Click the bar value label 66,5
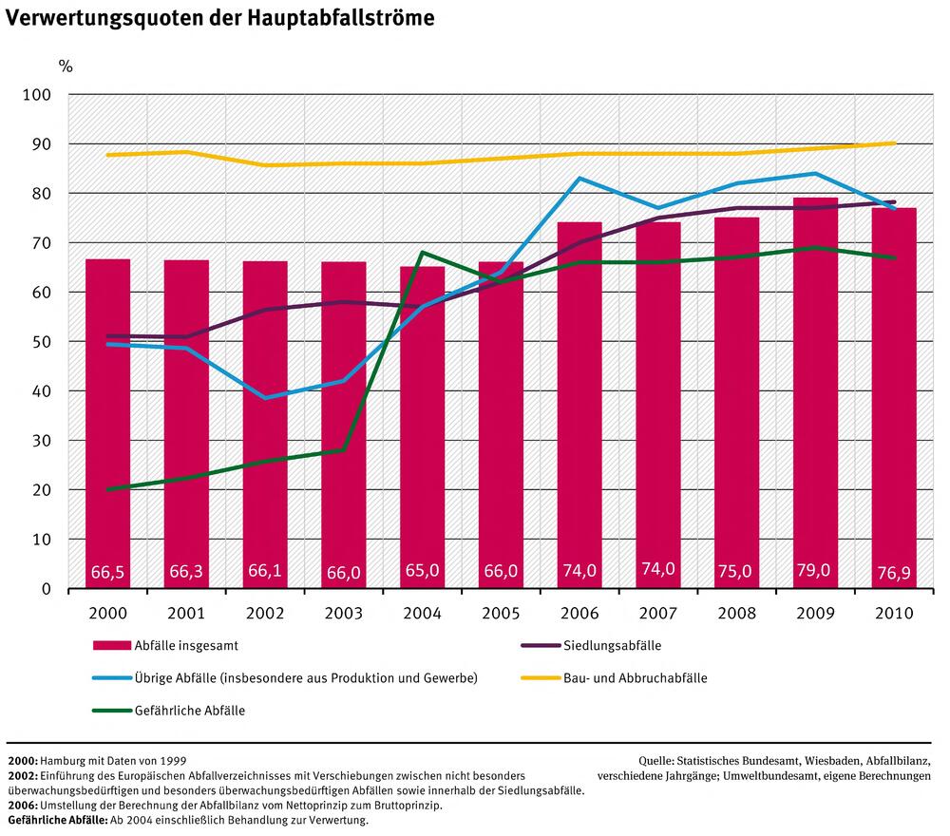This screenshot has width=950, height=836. pyautogui.click(x=107, y=573)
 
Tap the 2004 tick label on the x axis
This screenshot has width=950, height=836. pyautogui.click(x=422, y=614)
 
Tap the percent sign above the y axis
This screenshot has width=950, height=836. pyautogui.click(x=65, y=66)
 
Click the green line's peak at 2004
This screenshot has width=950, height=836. pyautogui.click(x=422, y=253)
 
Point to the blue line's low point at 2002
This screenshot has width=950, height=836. pyautogui.click(x=265, y=397)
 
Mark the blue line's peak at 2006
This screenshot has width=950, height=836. pyautogui.click(x=579, y=179)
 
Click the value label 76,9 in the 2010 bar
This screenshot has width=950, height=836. pyautogui.click(x=894, y=573)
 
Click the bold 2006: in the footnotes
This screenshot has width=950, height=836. pyautogui.click(x=23, y=805)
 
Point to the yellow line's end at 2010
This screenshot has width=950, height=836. pyautogui.click(x=894, y=143)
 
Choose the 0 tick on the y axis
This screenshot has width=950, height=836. pyautogui.click(x=46, y=589)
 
